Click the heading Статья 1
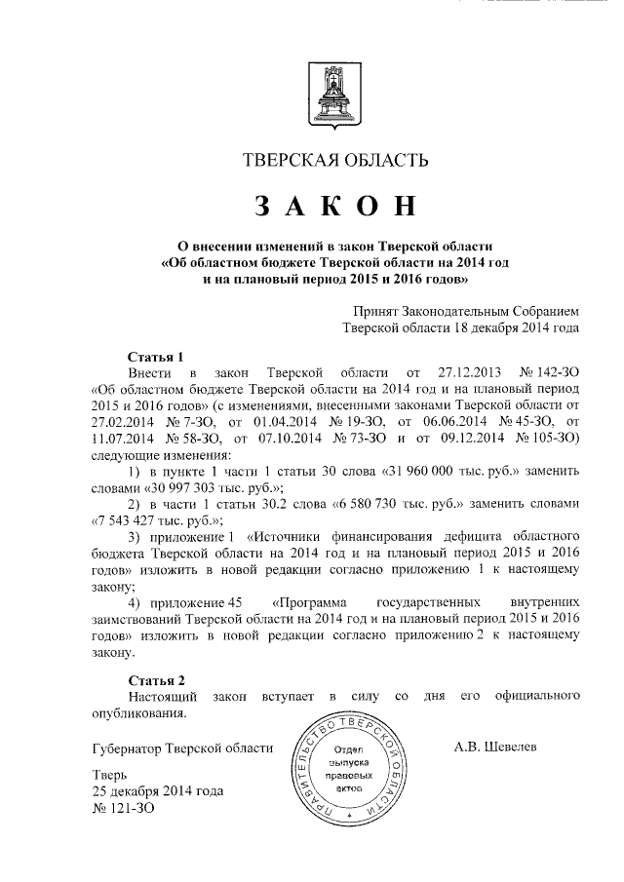(x=155, y=355)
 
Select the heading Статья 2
(x=156, y=679)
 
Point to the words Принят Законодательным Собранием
(x=467, y=310)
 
